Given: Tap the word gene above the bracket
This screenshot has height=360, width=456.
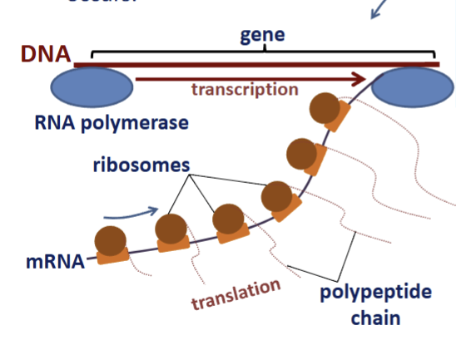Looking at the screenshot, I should [262, 35].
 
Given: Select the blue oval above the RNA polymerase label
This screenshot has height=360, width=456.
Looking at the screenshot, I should [92, 87].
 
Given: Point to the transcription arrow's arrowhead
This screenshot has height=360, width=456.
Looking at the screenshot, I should [360, 80].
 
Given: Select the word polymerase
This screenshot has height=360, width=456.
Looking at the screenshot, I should [143, 123].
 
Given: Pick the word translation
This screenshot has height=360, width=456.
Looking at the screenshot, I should [235, 295].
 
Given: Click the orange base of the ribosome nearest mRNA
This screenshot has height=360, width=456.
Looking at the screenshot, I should [112, 255].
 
